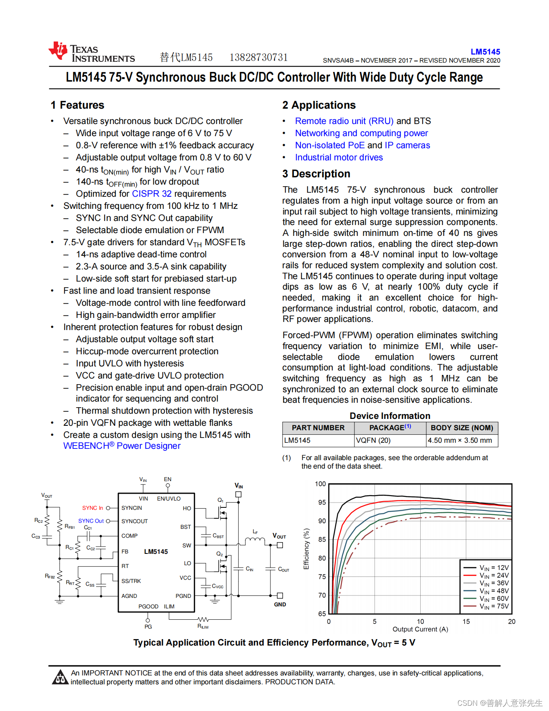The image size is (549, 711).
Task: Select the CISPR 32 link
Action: click(x=152, y=194)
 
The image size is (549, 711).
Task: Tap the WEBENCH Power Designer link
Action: click(x=122, y=446)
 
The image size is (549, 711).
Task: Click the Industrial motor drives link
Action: click(x=339, y=158)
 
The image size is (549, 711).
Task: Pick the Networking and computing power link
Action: click(x=361, y=133)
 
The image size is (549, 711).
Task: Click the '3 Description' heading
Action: click(x=316, y=174)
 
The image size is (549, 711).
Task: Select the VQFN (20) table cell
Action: click(x=373, y=440)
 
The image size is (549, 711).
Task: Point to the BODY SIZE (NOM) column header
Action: click(x=462, y=428)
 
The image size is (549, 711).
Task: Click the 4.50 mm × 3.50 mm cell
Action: click(x=460, y=440)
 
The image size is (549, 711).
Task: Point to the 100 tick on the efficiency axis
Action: click(x=320, y=484)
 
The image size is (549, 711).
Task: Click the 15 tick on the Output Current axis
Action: click(x=466, y=622)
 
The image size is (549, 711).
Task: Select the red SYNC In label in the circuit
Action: click(x=92, y=508)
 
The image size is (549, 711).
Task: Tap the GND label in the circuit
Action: click(x=280, y=605)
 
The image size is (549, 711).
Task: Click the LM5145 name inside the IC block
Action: click(x=156, y=552)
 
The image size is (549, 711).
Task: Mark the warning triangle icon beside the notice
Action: click(x=60, y=677)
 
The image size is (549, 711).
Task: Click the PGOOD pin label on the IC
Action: click(x=148, y=607)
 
